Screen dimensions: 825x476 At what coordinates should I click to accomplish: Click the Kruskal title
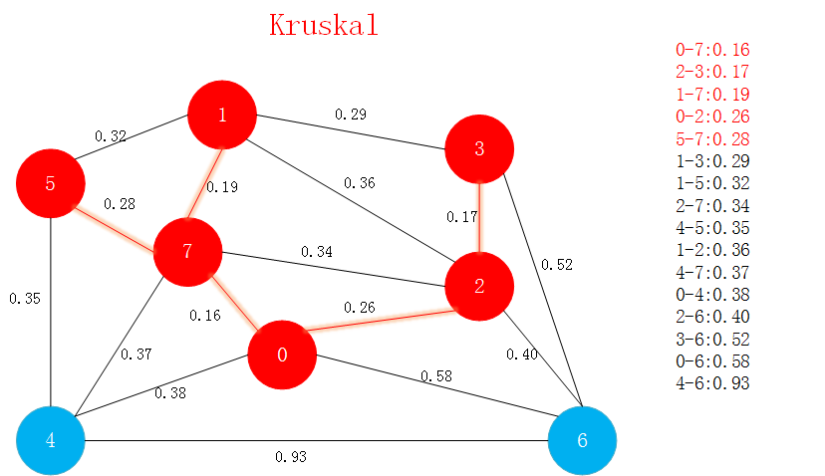pos(324,25)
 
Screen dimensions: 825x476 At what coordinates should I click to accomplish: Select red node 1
pos(222,115)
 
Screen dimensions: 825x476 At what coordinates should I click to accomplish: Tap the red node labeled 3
pos(479,149)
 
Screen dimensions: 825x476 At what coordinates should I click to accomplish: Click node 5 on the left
pos(50,184)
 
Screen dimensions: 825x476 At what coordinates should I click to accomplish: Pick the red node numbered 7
pos(187,251)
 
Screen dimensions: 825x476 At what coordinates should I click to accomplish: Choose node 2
pos(479,288)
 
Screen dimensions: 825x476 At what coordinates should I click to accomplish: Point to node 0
pos(282,356)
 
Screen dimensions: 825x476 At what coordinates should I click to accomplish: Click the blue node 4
pos(50,439)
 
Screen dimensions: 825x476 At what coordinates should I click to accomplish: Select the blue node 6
pos(583,439)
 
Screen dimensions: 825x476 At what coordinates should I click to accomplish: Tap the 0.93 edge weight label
pos(291,457)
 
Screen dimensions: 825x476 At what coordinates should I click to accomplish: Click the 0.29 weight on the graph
pos(350,115)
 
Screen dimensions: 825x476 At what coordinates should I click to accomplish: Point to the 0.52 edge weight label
pos(557,265)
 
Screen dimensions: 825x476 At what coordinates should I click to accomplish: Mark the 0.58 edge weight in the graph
pos(435,376)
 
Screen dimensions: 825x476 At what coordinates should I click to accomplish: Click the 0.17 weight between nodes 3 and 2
pos(463,217)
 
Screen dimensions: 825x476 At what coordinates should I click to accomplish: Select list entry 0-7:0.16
pos(712,49)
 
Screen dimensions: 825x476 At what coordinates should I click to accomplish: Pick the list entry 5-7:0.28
pos(712,138)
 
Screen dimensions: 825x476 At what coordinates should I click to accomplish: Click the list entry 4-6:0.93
pos(712,383)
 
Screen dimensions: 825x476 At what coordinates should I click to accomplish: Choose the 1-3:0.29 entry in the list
pos(712,160)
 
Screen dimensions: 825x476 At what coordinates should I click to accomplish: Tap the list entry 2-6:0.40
pos(712,317)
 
